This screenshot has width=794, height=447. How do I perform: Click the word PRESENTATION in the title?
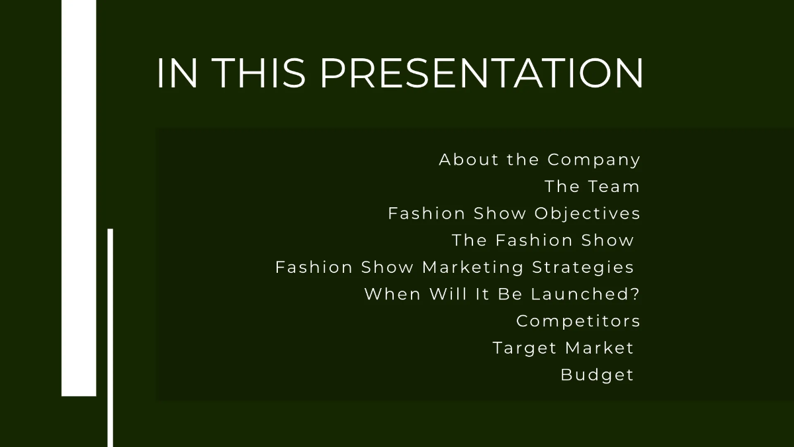coord(482,73)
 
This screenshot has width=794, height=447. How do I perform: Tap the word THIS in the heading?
coord(259,73)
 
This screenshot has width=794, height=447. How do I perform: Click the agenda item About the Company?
coord(539,160)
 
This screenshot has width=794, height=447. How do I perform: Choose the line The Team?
coord(592,187)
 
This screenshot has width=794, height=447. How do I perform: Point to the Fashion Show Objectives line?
coord(514,214)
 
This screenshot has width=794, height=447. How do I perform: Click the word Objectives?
coord(588,214)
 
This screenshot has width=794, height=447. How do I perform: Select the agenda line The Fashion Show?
coord(543,240)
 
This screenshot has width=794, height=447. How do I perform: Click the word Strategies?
coord(583,268)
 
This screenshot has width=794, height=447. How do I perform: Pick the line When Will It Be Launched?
coord(502,294)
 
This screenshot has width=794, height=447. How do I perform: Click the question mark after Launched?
coord(636,294)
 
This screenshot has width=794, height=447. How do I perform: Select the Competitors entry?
coord(578,321)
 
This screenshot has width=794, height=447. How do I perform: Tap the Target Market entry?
coord(563,348)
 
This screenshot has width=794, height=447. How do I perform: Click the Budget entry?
coord(597,375)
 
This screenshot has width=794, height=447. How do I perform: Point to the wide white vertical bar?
coord(79,199)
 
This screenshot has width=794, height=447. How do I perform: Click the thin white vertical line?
coord(110,338)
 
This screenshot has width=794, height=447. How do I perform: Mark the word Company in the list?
coord(594,160)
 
